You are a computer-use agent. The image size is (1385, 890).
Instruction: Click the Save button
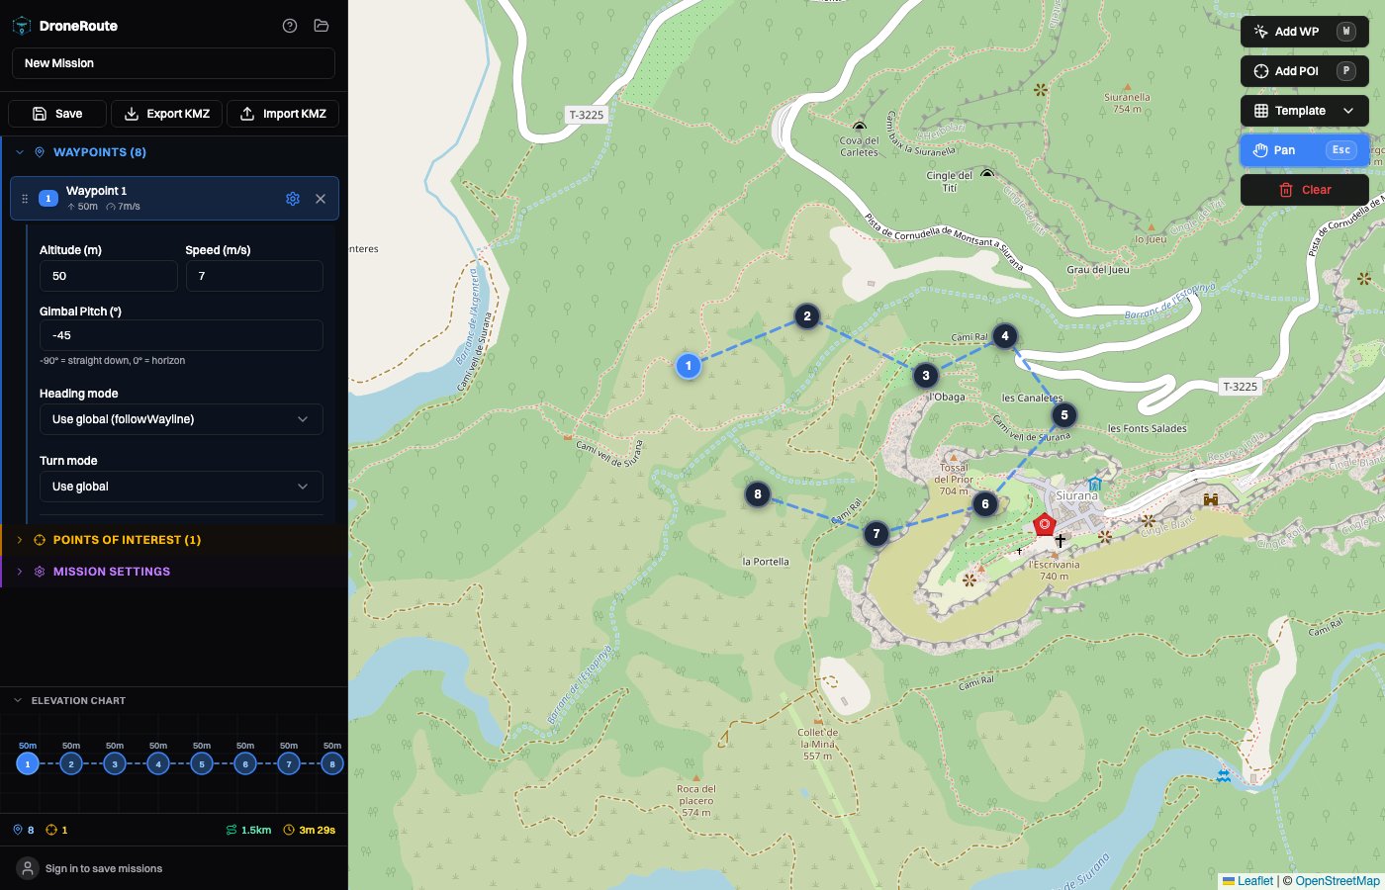pos(57,114)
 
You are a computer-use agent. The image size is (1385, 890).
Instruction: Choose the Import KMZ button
pos(283,114)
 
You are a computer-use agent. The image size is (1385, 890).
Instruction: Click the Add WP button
pos(1304,32)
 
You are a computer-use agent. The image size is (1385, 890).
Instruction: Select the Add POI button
pos(1304,71)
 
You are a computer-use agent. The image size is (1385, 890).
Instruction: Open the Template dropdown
pos(1304,111)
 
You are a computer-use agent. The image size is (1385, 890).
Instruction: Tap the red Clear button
pos(1304,190)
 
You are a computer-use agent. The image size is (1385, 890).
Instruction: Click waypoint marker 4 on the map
pos(1005,336)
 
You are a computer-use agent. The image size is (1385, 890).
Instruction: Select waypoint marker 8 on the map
pos(758,494)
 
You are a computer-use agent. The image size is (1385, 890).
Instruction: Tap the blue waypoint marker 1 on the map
pos(689,366)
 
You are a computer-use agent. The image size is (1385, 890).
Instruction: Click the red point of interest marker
pos(1044,524)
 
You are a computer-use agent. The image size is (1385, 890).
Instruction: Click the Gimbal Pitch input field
pos(181,335)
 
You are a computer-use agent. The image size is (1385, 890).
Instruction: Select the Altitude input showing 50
pos(109,276)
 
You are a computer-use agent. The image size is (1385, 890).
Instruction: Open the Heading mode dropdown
pos(181,419)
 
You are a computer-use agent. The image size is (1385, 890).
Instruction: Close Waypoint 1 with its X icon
pos(321,199)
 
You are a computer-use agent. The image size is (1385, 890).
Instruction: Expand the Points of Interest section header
pos(127,540)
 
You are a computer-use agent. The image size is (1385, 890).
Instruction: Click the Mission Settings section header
pos(111,572)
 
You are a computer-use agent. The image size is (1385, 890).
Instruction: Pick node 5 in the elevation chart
pos(202,763)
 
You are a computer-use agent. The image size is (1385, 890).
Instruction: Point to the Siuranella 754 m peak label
pos(1127,103)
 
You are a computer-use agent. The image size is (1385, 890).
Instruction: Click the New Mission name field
pos(173,63)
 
